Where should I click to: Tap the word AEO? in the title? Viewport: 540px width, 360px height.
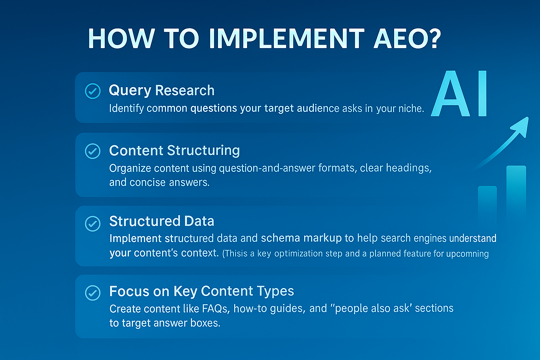407,39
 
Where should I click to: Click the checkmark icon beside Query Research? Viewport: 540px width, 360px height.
93,91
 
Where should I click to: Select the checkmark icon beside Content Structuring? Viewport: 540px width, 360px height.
93,151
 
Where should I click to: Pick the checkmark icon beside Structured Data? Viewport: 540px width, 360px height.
93,224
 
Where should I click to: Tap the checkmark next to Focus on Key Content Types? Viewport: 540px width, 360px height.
93,293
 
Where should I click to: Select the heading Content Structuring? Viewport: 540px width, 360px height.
174,151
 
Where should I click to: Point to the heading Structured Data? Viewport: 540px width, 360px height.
161,221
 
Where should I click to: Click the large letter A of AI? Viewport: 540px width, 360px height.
450,94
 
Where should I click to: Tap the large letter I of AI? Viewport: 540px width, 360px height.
482,94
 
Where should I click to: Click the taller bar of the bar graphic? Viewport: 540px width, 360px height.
516,195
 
